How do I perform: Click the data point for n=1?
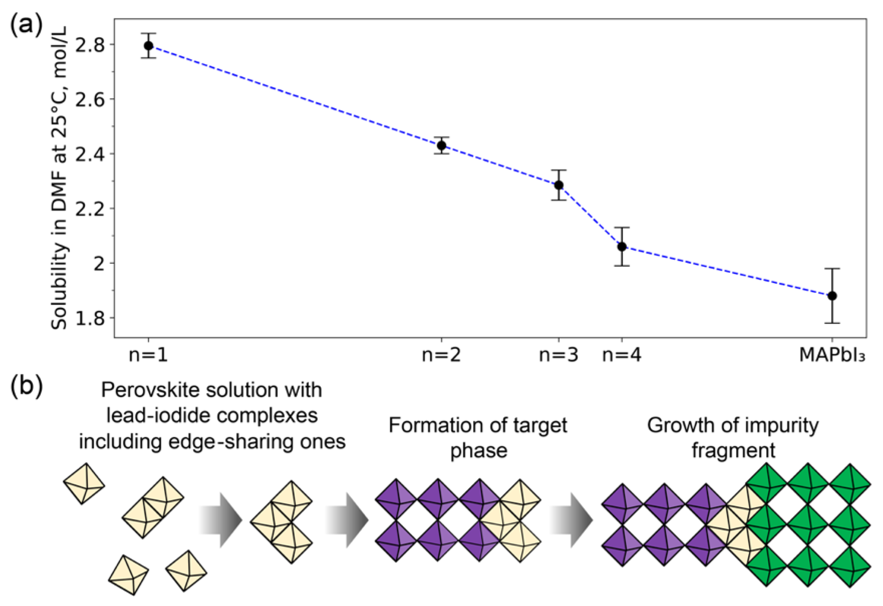148,46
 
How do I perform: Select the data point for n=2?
441,145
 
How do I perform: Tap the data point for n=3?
559,185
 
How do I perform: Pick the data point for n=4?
622,247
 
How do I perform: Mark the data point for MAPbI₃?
832,296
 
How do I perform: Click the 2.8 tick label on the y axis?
90,46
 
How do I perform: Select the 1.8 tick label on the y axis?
90,318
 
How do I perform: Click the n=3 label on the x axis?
559,355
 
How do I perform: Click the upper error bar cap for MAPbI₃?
832,269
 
